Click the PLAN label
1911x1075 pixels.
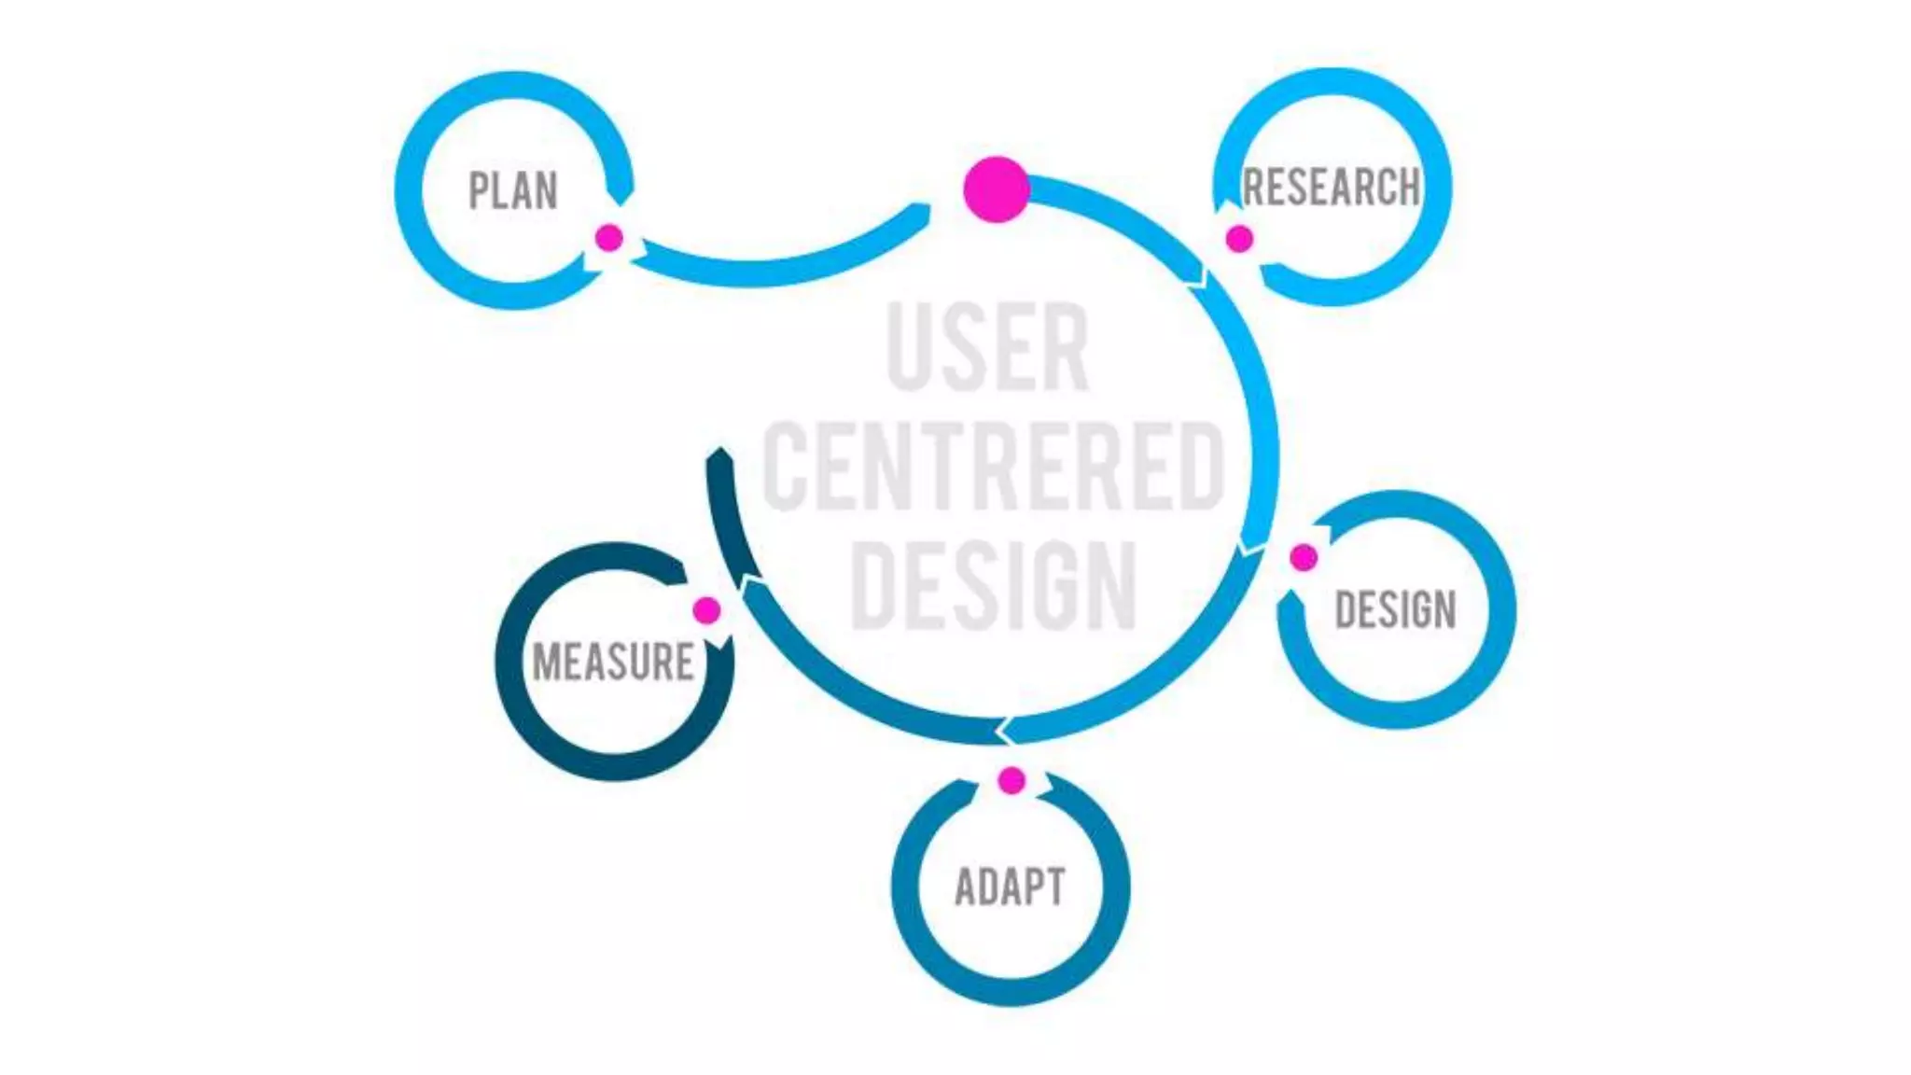512,190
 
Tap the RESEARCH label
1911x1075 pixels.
1332,187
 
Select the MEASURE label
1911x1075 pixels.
613,662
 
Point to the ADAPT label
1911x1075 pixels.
1010,887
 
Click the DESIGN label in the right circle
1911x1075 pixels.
1395,610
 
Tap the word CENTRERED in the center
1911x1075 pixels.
993,467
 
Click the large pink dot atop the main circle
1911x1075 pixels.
997,189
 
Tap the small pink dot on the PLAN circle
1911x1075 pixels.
609,238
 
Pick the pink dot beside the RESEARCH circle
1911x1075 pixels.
1239,239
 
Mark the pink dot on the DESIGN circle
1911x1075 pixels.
1304,558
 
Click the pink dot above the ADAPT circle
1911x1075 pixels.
1011,780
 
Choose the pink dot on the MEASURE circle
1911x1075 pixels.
706,611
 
